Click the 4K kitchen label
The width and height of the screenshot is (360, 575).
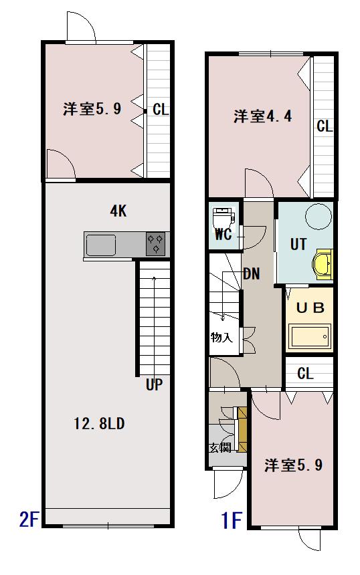point(118,212)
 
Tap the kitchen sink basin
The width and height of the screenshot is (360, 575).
point(100,245)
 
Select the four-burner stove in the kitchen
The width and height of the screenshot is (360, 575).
point(155,244)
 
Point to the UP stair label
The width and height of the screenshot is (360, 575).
point(154,384)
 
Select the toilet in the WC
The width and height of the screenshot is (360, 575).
point(221,217)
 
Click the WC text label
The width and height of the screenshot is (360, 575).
point(222,236)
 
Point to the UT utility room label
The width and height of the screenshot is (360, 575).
point(298,245)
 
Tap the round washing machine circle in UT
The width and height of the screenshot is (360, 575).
point(318,217)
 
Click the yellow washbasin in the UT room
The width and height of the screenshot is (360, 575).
point(324,263)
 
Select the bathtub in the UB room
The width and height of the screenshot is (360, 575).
point(309,336)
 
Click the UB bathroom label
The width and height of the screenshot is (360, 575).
point(310,308)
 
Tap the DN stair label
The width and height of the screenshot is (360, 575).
point(252,273)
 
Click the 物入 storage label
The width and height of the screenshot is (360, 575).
point(221,337)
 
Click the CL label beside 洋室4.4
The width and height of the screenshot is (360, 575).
point(325,126)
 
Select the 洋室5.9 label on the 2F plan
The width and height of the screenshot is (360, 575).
point(92,109)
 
